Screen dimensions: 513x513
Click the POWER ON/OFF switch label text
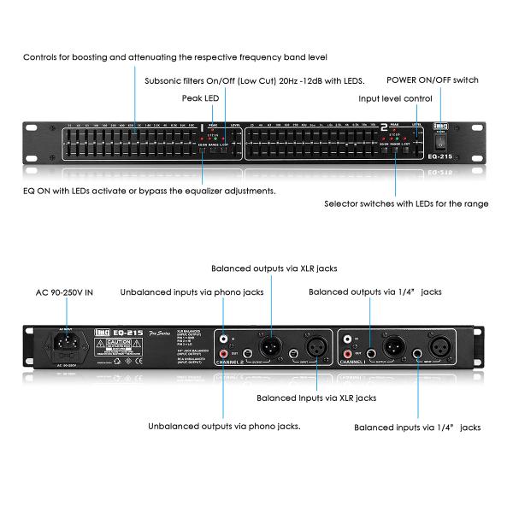tap(432, 80)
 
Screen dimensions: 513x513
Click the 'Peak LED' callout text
tap(200, 98)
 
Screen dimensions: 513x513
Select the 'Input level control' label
tap(395, 98)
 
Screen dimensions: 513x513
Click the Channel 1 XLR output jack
tap(394, 346)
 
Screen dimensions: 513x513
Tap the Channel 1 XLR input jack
tap(440, 346)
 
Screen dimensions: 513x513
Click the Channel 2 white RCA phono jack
tap(224, 338)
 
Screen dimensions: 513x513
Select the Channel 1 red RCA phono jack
tap(349, 353)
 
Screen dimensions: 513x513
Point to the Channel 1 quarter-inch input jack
tap(418, 352)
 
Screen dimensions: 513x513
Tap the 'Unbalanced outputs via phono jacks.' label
tap(224, 425)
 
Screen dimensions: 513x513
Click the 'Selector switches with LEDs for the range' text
tap(406, 203)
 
